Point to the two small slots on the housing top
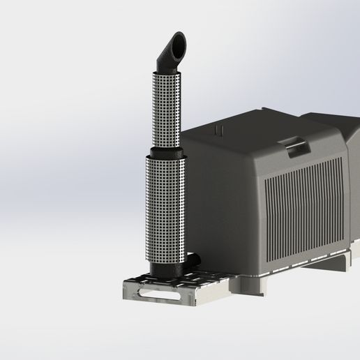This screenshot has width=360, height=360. click(x=220, y=130)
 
